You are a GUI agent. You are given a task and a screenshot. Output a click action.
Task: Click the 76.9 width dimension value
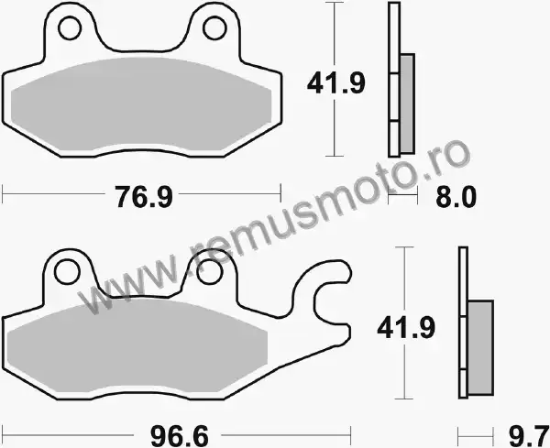[x=144, y=197]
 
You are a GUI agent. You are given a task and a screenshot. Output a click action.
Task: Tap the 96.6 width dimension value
[x=180, y=436]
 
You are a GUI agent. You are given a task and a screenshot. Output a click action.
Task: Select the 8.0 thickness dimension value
[x=456, y=197]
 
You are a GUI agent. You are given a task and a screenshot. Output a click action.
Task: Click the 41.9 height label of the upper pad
[x=336, y=83]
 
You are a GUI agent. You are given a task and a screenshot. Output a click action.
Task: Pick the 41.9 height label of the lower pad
[x=406, y=328]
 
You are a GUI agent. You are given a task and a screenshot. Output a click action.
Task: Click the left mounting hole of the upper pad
[x=70, y=28]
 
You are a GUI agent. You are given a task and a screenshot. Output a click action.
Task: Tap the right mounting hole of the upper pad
[x=214, y=28]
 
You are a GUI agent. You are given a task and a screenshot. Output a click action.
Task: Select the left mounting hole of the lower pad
[x=67, y=272]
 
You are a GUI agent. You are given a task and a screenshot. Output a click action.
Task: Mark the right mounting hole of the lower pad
[x=210, y=272]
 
